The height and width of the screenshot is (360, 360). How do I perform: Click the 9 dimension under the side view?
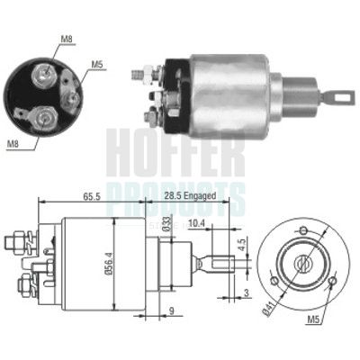(x=172, y=312)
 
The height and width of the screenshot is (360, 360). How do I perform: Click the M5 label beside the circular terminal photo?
(x=96, y=65)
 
